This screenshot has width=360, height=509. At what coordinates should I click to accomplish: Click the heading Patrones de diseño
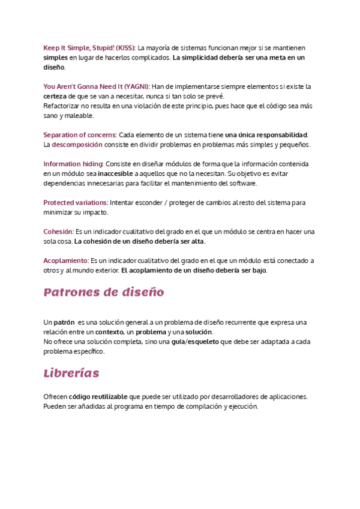[103, 293]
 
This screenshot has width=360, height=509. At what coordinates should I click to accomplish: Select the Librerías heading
[71, 373]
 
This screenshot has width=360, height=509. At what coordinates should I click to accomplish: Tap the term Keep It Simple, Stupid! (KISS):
[90, 47]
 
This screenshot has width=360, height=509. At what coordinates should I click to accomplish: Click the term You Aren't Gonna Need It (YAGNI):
[97, 86]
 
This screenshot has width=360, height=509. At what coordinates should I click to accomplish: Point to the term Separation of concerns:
[80, 134]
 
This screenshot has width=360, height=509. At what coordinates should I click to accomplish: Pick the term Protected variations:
[76, 203]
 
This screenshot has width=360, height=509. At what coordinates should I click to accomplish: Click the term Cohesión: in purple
[58, 232]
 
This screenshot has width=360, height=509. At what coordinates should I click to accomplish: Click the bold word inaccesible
[119, 173]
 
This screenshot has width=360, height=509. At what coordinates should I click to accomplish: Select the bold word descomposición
[77, 145]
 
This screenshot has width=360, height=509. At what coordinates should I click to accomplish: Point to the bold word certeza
[55, 96]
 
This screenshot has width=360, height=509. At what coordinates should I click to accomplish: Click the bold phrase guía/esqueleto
[195, 342]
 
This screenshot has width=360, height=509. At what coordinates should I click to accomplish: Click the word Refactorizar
[63, 106]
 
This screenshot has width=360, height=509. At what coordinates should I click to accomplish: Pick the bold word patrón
[64, 322]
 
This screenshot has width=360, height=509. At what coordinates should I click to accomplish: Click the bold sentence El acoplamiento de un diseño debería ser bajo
[194, 270]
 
